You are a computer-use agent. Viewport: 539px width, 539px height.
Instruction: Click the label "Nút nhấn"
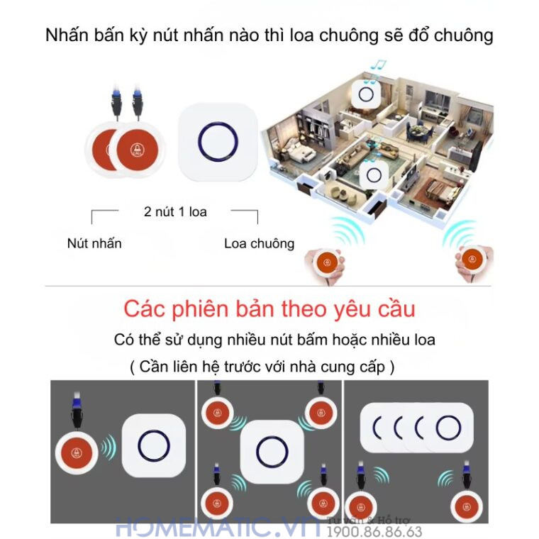click(x=94, y=243)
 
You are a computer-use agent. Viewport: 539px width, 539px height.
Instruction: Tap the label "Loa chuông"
click(x=259, y=243)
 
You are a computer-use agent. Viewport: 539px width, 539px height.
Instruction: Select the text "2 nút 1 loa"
click(x=175, y=211)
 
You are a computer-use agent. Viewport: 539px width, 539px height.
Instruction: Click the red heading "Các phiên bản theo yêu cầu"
click(x=269, y=309)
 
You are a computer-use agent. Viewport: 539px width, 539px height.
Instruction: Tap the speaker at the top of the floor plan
click(x=368, y=94)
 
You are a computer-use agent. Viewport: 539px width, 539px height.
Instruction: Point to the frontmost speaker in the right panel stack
click(x=448, y=427)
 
